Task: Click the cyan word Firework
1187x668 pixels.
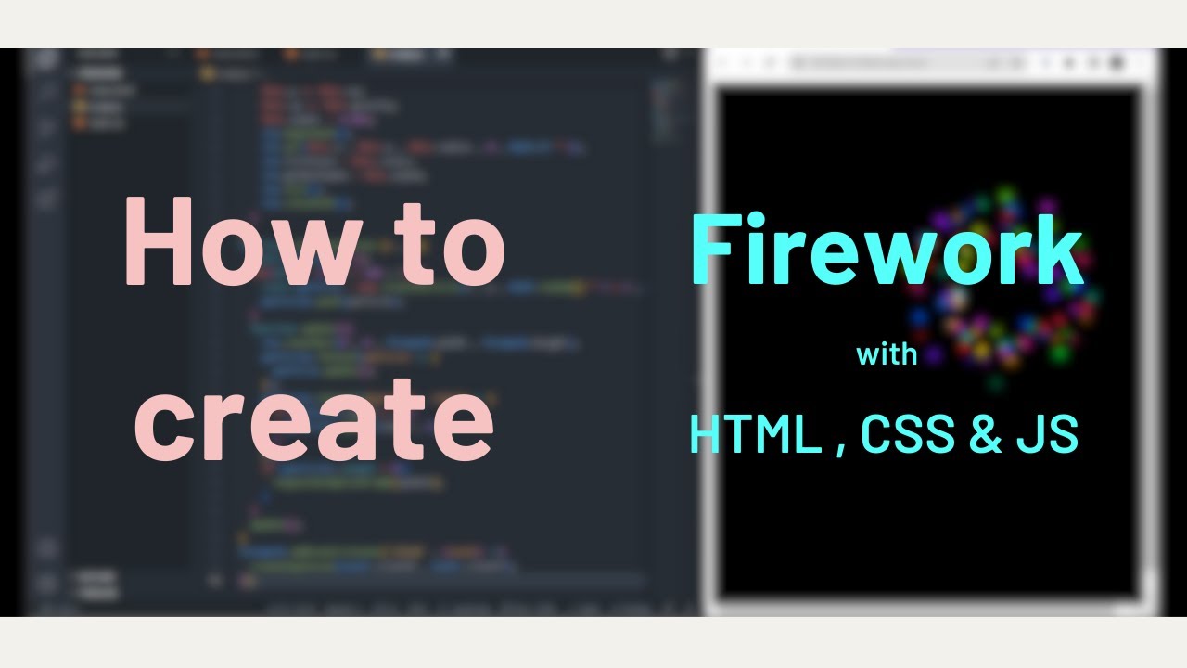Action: pyautogui.click(x=887, y=250)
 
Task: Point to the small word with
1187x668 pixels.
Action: pyautogui.click(x=887, y=354)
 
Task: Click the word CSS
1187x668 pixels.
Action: pyautogui.click(x=908, y=434)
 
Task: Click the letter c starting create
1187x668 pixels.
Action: pyautogui.click(x=164, y=422)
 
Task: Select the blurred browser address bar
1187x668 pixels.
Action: pyautogui.click(x=904, y=63)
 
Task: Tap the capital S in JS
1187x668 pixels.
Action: pyautogui.click(x=1063, y=434)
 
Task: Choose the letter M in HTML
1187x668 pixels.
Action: pyautogui.click(x=782, y=434)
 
